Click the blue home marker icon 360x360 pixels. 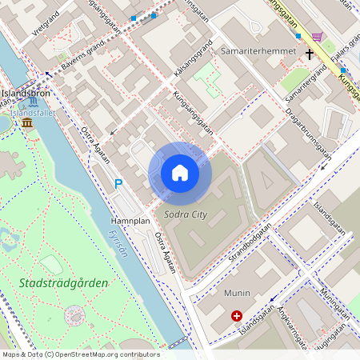(x=180, y=173)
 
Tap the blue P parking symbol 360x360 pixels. (x=118, y=184)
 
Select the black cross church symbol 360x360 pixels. (x=310, y=54)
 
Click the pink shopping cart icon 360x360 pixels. (x=317, y=36)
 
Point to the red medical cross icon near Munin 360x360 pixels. (x=237, y=316)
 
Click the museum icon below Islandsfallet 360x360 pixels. (x=27, y=122)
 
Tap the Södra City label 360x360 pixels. (x=185, y=214)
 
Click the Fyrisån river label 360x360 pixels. (x=116, y=239)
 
